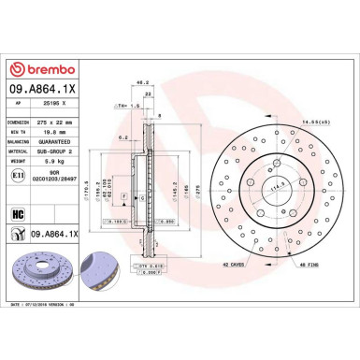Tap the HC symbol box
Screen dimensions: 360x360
tap(17, 213)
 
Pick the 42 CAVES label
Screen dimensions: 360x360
tap(236, 266)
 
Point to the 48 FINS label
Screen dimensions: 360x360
tap(309, 266)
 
